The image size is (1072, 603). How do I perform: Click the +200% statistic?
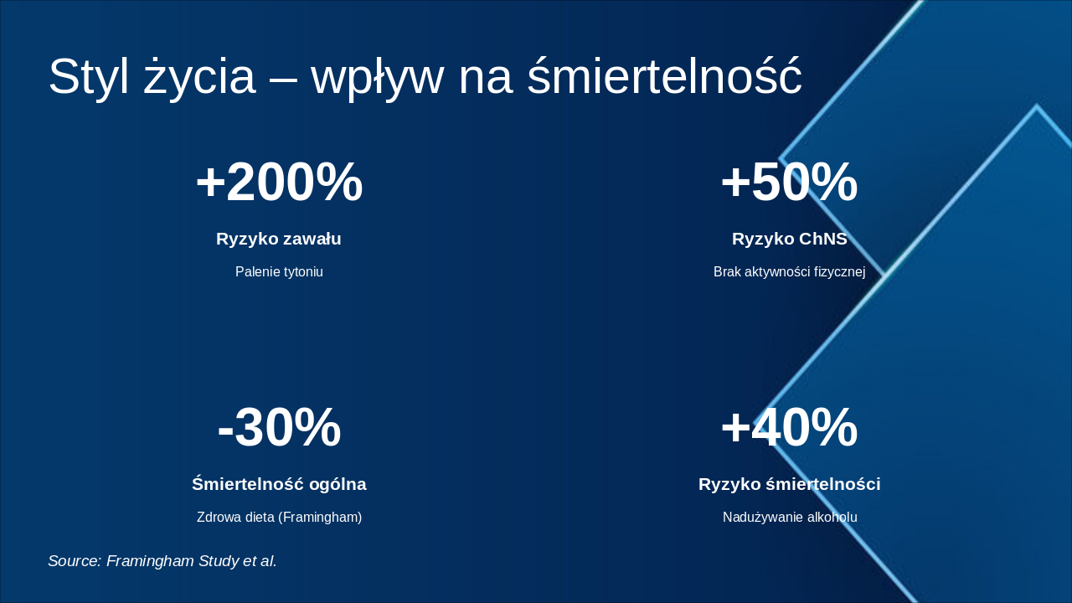pos(279,183)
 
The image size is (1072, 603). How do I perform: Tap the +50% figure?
pos(789,183)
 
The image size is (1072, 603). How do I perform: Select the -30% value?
pos(279,428)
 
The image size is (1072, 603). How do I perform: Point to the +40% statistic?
pos(789,428)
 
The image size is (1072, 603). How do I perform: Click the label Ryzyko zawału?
pos(279,239)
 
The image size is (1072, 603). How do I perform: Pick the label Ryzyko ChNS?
pos(789,239)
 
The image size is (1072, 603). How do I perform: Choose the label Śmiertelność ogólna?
pos(279,484)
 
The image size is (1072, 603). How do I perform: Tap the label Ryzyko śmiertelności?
pos(789,484)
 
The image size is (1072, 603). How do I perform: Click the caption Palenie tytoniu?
pos(279,272)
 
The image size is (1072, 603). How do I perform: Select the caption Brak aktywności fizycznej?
pos(789,272)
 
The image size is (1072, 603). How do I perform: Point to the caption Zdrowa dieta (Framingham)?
pos(279,518)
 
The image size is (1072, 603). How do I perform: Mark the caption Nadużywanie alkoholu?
pos(789,518)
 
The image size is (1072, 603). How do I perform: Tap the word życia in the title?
pos(199,77)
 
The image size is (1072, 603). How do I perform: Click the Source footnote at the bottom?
pos(162,561)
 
